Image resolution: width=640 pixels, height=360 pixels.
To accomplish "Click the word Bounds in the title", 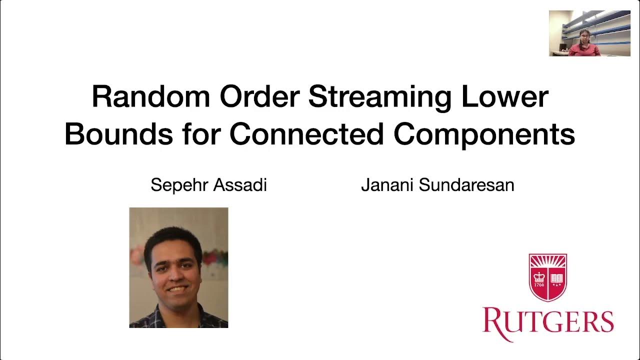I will pos(115,133).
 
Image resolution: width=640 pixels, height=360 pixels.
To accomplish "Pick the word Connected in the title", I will pos(306,133).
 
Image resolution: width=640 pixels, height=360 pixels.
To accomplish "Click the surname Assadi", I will pos(239,185).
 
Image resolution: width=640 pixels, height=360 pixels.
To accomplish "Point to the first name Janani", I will pos(387,185).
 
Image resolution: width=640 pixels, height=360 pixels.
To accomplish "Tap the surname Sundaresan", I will pos(466,185).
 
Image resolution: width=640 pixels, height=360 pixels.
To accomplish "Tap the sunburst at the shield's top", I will pos(548,261).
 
